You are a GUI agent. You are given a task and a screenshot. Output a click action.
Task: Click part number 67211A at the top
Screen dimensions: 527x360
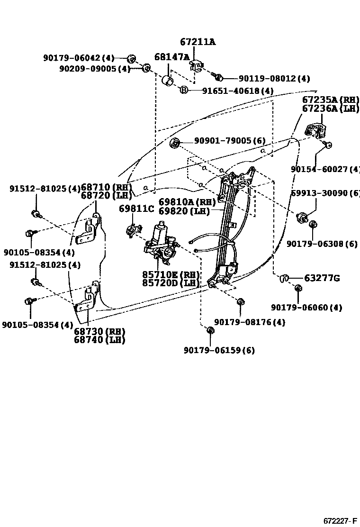tap(198, 42)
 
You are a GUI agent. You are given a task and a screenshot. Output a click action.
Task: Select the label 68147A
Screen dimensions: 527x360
tap(171, 58)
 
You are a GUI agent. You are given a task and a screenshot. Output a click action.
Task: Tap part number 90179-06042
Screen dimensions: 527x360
tap(79, 58)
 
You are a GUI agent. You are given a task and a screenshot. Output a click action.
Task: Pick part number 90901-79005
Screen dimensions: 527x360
tap(230, 141)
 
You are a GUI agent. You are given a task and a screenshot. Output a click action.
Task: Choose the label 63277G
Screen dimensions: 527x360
tap(322, 278)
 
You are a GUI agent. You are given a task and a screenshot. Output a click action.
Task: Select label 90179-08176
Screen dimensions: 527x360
tap(250, 322)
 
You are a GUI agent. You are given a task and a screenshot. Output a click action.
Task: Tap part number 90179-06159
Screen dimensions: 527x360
tap(219, 350)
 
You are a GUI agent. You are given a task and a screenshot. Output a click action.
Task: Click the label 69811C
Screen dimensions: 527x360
tap(136, 209)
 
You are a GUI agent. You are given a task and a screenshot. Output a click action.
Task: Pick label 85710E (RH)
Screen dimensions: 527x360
tap(171, 274)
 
